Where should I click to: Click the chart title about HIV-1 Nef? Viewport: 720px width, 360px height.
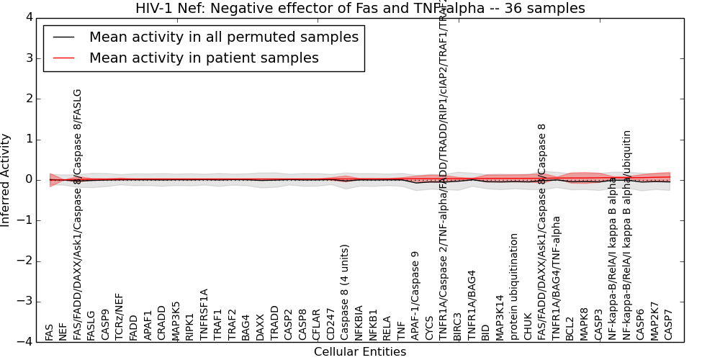[360, 8]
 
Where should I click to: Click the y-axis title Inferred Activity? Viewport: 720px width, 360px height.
[6, 180]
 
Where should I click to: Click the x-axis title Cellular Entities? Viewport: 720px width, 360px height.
[360, 352]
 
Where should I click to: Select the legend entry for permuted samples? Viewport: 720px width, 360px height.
[223, 37]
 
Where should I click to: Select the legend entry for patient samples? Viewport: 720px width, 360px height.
[204, 58]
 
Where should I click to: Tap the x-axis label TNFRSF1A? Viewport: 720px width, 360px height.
[204, 315]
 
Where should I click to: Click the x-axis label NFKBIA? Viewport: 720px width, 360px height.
[359, 323]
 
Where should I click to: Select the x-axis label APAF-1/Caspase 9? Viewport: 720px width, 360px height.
[415, 295]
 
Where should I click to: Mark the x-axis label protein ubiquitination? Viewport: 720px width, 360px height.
[514, 287]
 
